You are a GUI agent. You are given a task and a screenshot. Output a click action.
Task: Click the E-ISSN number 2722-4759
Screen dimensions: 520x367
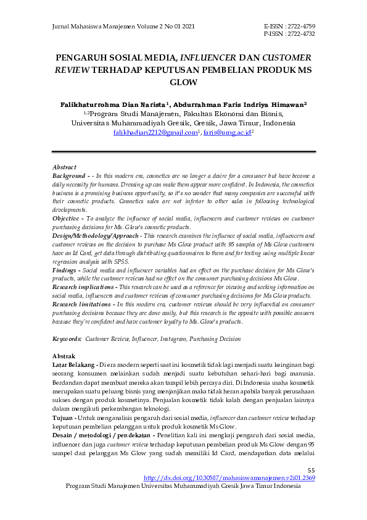pos(301,27)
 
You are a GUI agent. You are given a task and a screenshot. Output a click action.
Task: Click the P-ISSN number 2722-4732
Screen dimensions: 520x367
pos(301,34)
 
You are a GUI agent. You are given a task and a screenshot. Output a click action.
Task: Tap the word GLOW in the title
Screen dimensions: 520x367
pos(183,82)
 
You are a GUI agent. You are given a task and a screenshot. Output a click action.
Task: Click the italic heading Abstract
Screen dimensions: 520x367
pos(65,167)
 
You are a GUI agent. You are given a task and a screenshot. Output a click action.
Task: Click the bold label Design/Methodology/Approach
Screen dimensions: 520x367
pos(96,236)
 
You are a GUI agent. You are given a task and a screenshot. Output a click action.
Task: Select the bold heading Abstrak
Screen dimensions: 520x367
pos(64,356)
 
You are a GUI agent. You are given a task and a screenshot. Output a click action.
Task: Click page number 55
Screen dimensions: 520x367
pos(311,471)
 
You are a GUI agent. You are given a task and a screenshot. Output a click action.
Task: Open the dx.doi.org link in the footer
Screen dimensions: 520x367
pos(229,479)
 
